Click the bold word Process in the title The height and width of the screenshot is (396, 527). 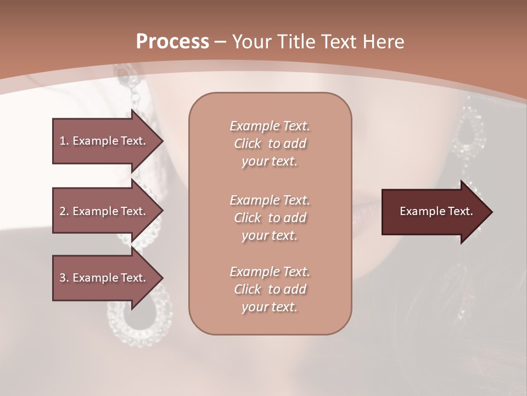pos(172,42)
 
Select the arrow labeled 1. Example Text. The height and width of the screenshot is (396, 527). pos(104,141)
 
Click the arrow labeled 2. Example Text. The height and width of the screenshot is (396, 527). pos(104,211)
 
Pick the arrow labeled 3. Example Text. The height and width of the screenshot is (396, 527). pos(104,278)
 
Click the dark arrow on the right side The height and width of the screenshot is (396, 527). pos(434,211)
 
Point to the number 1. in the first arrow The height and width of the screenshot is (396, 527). pos(64,141)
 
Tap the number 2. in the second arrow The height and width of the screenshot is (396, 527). pos(64,211)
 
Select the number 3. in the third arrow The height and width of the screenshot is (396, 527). pos(64,278)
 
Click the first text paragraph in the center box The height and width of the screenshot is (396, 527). pos(270,144)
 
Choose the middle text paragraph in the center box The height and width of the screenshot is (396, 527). pos(270,217)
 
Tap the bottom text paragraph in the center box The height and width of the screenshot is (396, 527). pos(270,289)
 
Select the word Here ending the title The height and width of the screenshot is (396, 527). pos(385,42)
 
